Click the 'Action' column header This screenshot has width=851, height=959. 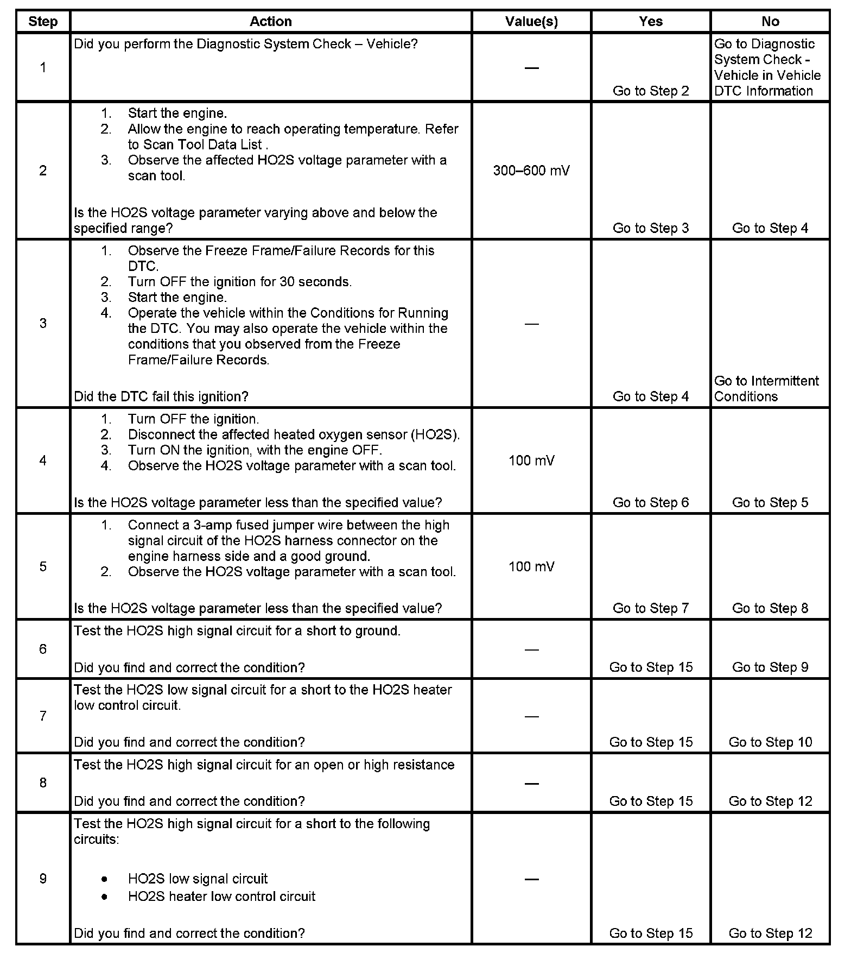[270, 21]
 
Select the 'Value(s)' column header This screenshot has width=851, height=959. [531, 21]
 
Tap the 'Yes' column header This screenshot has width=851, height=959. [650, 21]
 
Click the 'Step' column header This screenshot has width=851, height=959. [43, 21]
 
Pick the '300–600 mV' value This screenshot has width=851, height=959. [531, 171]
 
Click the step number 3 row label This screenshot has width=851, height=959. [43, 323]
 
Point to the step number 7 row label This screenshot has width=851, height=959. [43, 716]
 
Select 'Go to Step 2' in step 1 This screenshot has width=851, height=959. [650, 91]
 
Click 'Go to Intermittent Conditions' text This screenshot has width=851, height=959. [766, 388]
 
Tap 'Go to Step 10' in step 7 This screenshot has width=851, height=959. [770, 742]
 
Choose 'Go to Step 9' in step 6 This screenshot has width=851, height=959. [770, 667]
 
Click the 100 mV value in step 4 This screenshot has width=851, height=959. [531, 460]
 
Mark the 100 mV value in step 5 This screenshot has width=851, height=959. [531, 566]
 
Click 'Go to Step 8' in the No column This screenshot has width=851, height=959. [770, 608]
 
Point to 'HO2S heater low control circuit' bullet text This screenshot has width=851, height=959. [221, 896]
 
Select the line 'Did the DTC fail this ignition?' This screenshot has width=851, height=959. [161, 396]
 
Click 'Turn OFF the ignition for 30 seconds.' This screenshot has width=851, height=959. [239, 281]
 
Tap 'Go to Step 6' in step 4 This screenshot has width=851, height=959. [650, 502]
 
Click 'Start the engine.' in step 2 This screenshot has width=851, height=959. [177, 113]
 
